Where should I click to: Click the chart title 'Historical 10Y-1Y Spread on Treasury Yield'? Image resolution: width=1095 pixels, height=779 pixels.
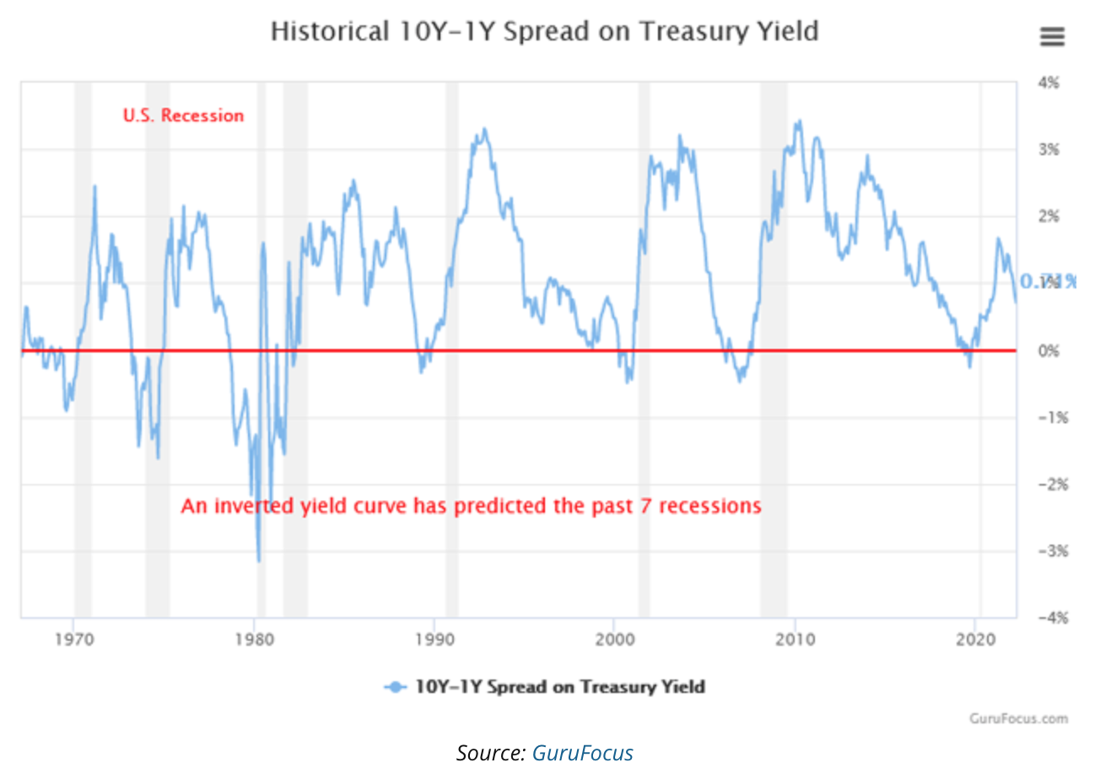(x=544, y=32)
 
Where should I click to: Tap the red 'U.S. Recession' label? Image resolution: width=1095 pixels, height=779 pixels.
(x=183, y=116)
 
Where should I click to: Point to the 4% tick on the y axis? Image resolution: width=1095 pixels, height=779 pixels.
(x=1049, y=83)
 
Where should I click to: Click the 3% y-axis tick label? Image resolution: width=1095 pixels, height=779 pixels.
(x=1049, y=149)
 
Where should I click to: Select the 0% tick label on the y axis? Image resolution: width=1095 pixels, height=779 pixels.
(x=1049, y=351)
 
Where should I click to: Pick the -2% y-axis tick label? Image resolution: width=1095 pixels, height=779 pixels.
(x=1046, y=485)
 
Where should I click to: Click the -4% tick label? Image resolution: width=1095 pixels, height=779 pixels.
(x=1046, y=618)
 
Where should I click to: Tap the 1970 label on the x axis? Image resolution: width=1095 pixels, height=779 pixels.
(x=74, y=638)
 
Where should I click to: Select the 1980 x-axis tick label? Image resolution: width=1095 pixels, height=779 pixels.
(x=254, y=638)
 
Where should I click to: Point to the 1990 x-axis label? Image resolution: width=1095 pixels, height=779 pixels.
(x=434, y=638)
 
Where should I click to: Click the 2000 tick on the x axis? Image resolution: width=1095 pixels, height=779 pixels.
(x=614, y=638)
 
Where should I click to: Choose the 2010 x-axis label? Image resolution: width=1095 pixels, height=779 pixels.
(x=795, y=638)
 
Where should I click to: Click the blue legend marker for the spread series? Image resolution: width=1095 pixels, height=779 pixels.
(x=394, y=686)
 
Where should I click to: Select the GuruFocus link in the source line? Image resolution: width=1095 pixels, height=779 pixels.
(x=582, y=753)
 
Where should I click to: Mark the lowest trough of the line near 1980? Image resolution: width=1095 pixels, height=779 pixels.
(x=259, y=561)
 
